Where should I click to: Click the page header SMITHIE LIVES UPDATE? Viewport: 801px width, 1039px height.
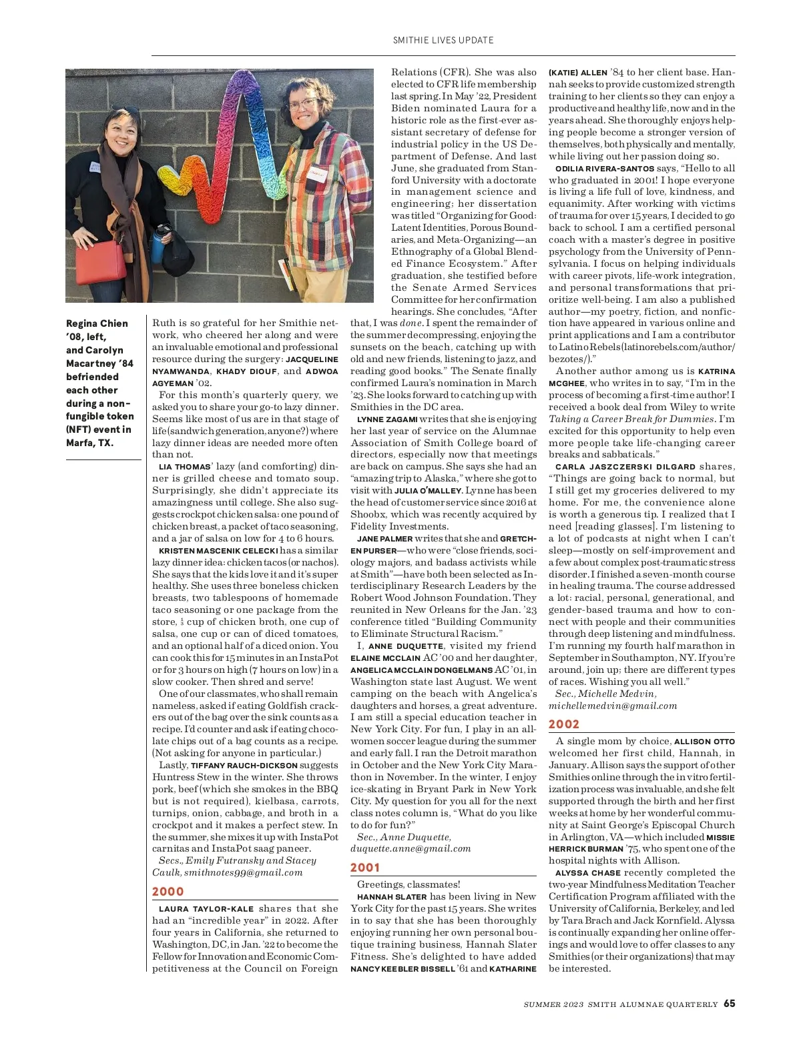pyautogui.click(x=443, y=40)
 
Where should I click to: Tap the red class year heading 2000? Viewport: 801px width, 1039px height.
pyautogui.click(x=168, y=892)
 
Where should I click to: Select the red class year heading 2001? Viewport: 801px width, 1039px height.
pyautogui.click(x=365, y=868)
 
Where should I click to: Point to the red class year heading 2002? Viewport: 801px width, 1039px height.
pyautogui.click(x=564, y=724)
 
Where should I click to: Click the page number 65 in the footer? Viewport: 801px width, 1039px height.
pyautogui.click(x=730, y=1004)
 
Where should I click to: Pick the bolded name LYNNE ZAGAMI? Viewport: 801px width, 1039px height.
pyautogui.click(x=387, y=419)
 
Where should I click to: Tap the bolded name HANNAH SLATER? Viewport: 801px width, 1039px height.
pyautogui.click(x=392, y=897)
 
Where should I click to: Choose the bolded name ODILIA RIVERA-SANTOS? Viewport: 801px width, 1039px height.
pyautogui.click(x=605, y=169)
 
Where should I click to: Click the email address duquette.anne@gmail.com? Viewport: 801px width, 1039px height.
pyautogui.click(x=411, y=849)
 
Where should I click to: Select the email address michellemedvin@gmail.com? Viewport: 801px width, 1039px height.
pyautogui.click(x=613, y=706)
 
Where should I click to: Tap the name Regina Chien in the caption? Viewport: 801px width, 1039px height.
pyautogui.click(x=97, y=323)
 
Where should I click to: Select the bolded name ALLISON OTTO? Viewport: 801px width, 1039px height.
pyautogui.click(x=704, y=742)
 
